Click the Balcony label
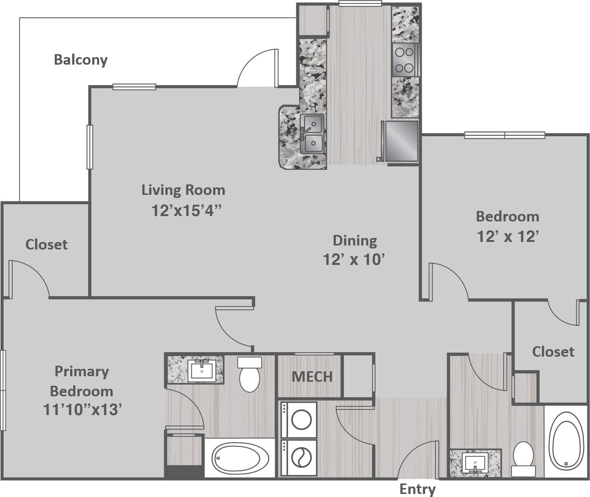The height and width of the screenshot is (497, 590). pos(81,60)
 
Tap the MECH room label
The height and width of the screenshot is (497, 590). pos(312,376)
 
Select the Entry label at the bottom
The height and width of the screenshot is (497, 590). pos(417,488)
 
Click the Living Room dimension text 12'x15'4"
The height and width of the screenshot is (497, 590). pos(186,210)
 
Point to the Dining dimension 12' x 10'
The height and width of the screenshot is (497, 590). pos(355,260)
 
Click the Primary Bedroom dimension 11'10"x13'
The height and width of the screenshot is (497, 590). pos(83,410)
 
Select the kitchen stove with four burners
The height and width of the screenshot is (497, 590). pos(405,60)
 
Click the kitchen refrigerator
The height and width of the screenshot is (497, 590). pos(401,141)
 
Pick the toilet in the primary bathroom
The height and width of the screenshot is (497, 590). pos(250,374)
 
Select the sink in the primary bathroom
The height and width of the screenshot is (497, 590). pos(202,370)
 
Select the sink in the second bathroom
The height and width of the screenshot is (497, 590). pos(475,462)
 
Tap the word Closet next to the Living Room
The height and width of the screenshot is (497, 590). pos(47,244)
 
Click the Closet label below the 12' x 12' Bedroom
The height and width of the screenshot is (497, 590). pos(553,352)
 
